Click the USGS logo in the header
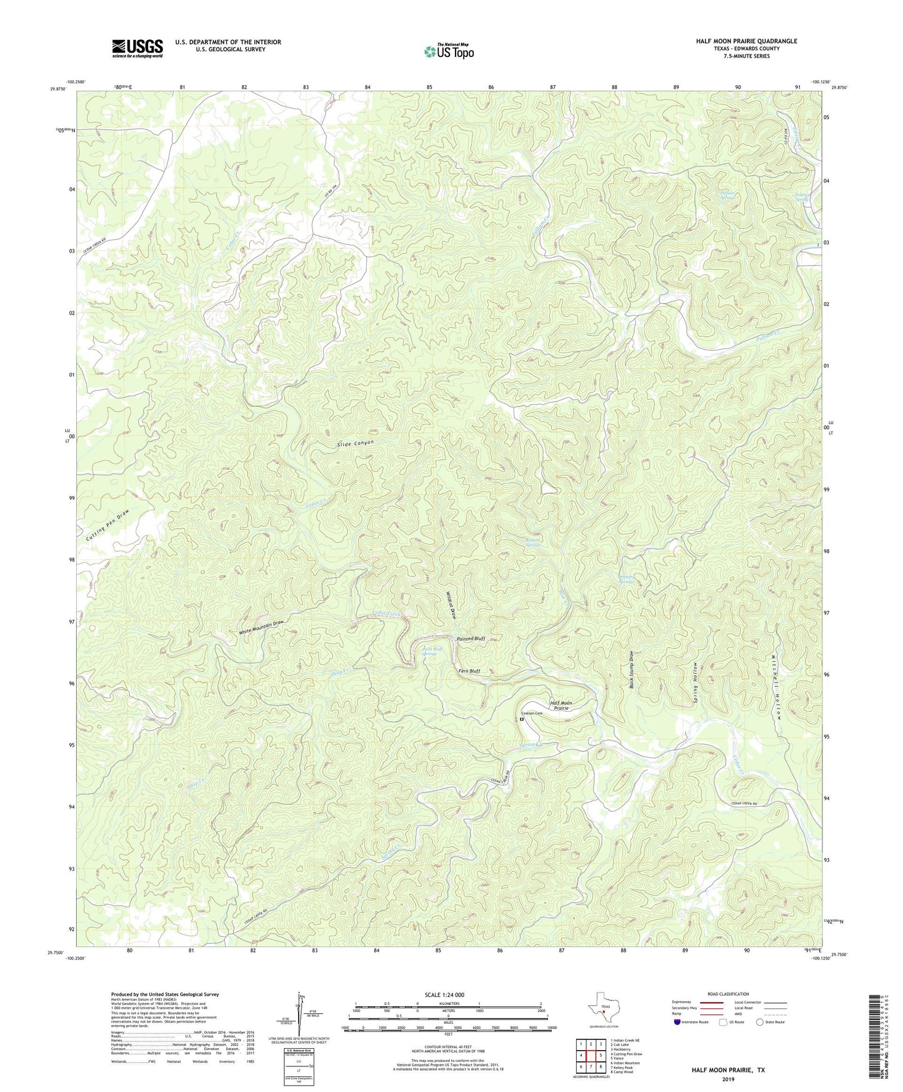pyautogui.click(x=137, y=48)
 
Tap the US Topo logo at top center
pyautogui.click(x=449, y=51)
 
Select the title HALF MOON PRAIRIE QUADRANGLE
pyautogui.click(x=746, y=41)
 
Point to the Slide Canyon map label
pyautogui.click(x=355, y=443)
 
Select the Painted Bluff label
pyautogui.click(x=471, y=639)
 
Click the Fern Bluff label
pyautogui.click(x=469, y=671)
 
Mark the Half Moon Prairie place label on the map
pyautogui.click(x=561, y=705)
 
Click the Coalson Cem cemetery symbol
pyautogui.click(x=522, y=719)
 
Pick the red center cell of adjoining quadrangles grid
pyautogui.click(x=591, y=1056)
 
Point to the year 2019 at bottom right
pyautogui.click(x=728, y=1079)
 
